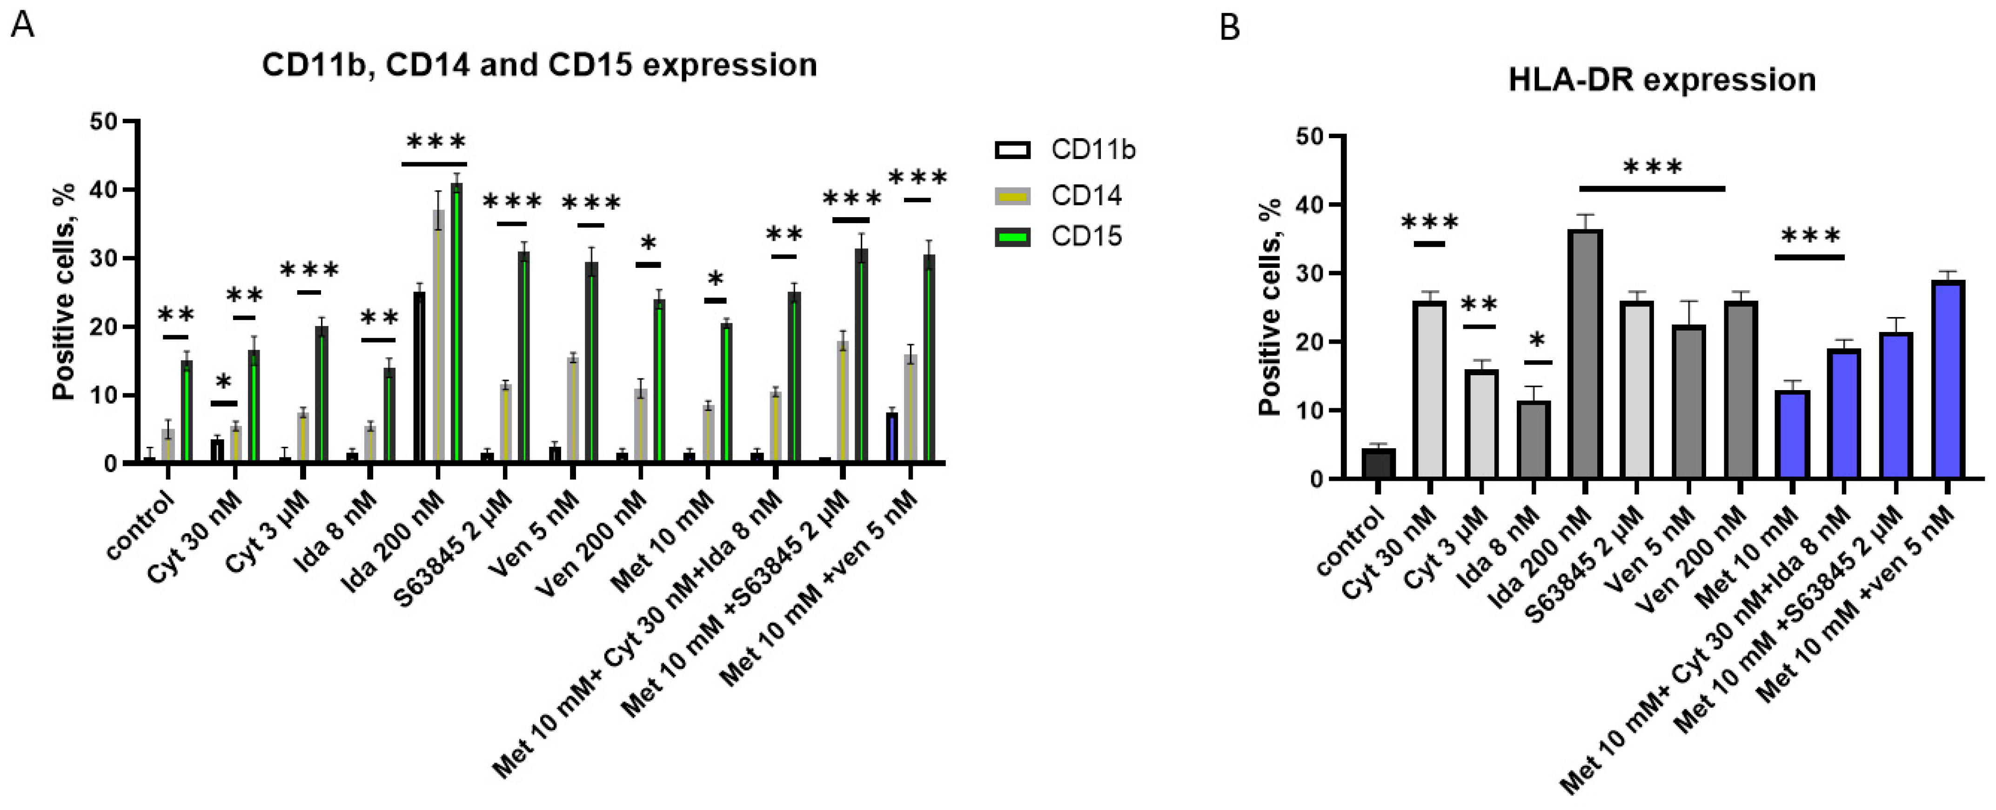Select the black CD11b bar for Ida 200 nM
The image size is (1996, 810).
tap(419, 378)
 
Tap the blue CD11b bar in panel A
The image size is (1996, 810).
tap(892, 438)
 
